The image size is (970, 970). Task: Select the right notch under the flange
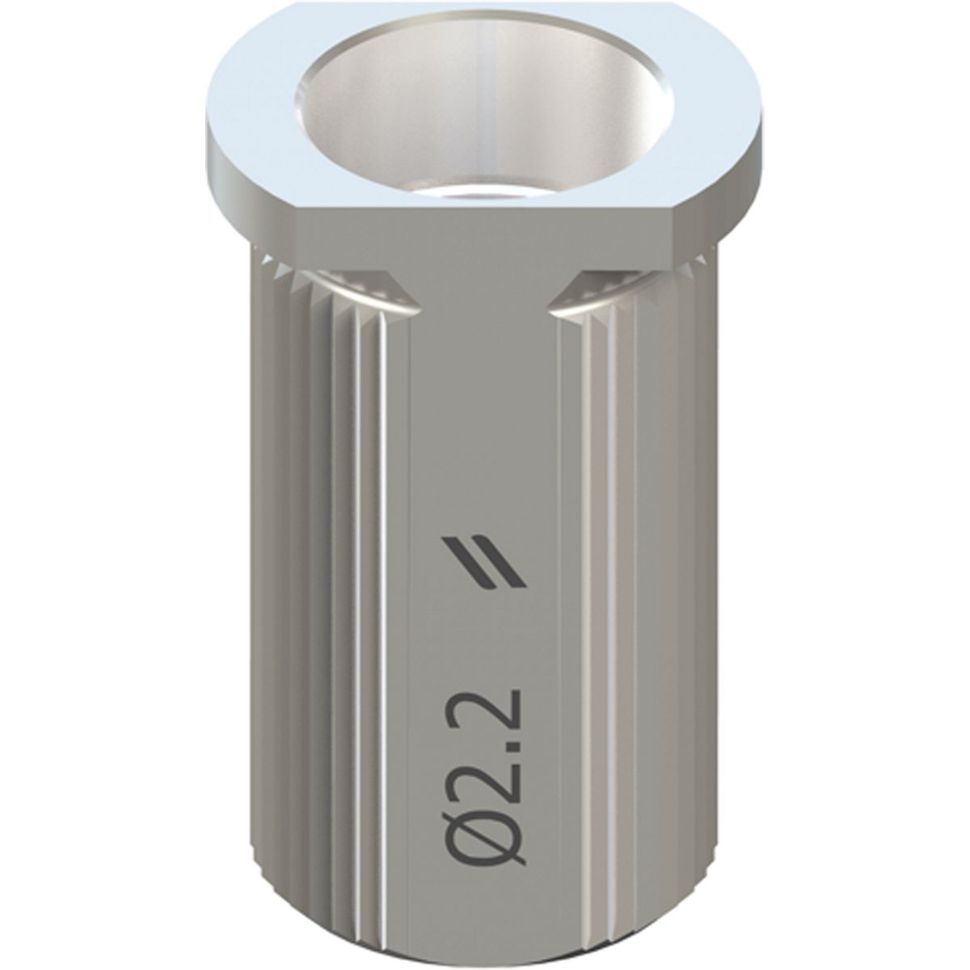[x=602, y=292]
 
